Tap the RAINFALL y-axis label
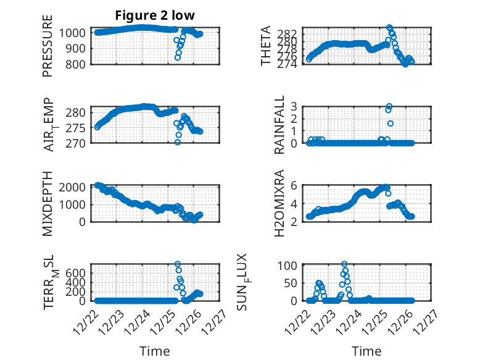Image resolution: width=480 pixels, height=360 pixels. coord(279,125)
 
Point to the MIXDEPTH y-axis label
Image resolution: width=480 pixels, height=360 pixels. coord(48,203)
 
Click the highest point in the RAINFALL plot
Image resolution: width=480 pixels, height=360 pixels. coord(389,106)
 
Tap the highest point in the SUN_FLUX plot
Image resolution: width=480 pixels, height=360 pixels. coord(344,264)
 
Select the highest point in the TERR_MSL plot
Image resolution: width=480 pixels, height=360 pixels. coord(178,264)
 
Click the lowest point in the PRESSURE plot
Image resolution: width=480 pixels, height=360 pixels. coord(178,58)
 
